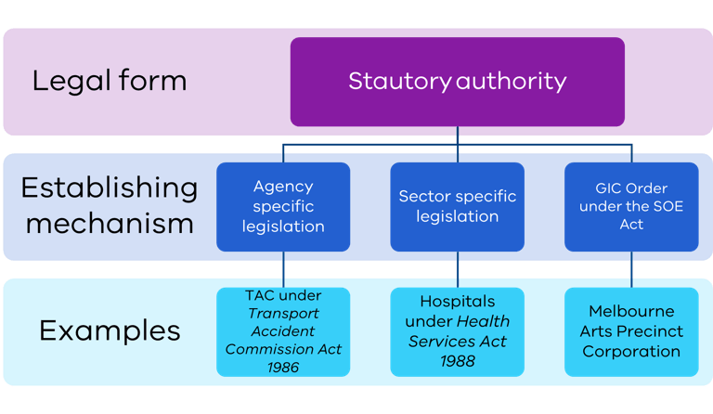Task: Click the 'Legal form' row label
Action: (109, 81)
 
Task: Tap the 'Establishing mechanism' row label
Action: (109, 205)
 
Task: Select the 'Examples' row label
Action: (109, 330)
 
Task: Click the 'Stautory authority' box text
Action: (457, 81)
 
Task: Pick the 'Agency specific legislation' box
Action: (283, 206)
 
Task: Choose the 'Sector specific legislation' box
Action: (457, 206)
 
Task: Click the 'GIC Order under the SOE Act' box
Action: (631, 206)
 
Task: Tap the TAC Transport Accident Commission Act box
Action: (283, 331)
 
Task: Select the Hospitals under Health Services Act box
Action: (457, 331)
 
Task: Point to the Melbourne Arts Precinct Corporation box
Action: (631, 331)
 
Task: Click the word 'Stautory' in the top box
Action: (399, 81)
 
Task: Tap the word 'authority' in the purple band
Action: (511, 81)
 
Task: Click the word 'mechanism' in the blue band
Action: (109, 224)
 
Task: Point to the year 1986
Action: (283, 367)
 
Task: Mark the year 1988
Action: (457, 361)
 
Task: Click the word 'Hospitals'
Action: (457, 302)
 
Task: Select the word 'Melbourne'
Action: (631, 311)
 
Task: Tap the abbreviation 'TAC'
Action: (261, 295)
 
